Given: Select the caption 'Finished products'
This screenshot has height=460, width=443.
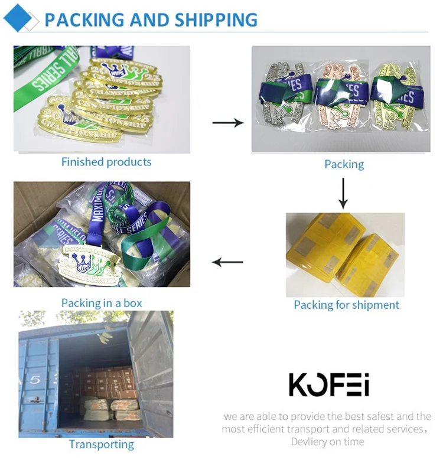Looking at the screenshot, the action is tap(106, 162).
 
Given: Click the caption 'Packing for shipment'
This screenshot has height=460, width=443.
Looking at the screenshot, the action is tap(346, 305).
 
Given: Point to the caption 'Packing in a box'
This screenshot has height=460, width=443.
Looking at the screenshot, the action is tap(102, 303).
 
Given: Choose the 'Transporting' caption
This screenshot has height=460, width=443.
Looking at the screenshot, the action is tap(102, 445).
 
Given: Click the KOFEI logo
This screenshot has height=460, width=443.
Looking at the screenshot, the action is tap(329, 384).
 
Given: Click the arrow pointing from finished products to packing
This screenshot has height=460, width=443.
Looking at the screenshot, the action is tap(227, 123).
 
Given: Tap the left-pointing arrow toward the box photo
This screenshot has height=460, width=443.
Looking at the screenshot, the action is tap(228, 262).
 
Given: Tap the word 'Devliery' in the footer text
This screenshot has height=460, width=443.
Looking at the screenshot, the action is tap(310, 442).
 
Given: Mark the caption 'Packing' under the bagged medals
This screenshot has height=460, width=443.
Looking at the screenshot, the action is tap(344, 164).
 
